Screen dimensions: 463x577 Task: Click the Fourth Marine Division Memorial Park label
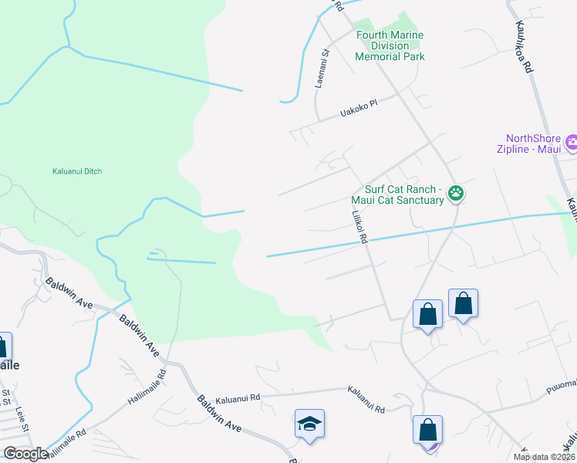(x=390, y=46)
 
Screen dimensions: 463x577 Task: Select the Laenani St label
(x=323, y=69)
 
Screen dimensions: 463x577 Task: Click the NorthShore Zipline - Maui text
(x=530, y=143)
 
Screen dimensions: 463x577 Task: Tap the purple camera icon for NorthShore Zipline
(x=572, y=142)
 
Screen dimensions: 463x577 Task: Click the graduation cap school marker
(x=309, y=424)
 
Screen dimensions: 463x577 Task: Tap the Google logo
(x=25, y=454)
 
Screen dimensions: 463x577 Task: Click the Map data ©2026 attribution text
(x=544, y=457)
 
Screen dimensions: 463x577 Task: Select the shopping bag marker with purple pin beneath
(x=427, y=429)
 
